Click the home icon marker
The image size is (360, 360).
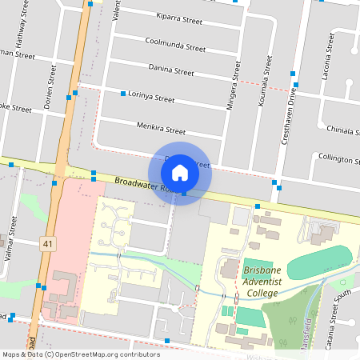[180, 173]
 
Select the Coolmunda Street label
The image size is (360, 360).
[175, 44]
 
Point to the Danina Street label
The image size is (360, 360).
[171, 71]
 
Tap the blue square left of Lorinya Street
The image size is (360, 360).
[123, 94]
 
